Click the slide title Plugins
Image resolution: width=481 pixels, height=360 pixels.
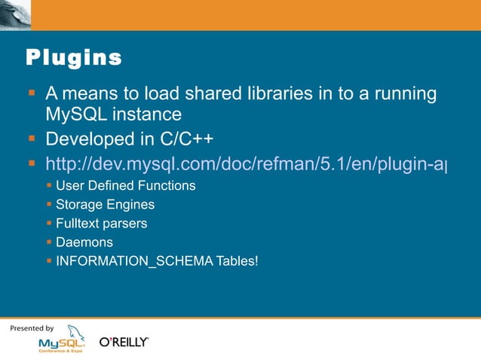coord(74,57)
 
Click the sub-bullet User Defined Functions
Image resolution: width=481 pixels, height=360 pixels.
coord(126,185)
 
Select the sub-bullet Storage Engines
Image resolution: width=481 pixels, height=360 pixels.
coord(105,204)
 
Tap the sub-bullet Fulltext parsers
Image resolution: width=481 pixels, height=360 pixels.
coord(102,224)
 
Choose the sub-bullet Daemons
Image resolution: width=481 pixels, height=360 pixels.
coord(84,243)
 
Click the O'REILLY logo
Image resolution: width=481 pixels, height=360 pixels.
coord(124,343)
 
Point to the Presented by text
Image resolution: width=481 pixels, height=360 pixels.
coord(32,328)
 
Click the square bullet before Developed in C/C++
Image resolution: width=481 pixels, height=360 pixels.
coord(32,139)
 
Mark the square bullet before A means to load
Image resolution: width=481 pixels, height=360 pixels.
coord(32,93)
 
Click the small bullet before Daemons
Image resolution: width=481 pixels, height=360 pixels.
coord(49,242)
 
